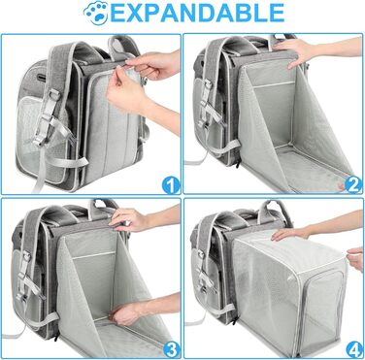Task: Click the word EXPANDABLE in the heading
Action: (198, 14)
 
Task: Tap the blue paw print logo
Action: (96, 14)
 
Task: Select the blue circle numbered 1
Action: (171, 185)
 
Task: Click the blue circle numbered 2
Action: (353, 184)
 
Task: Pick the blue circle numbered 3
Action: (171, 349)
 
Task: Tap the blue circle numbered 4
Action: (354, 349)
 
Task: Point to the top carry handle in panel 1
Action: (124, 46)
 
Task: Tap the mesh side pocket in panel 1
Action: (31, 136)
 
